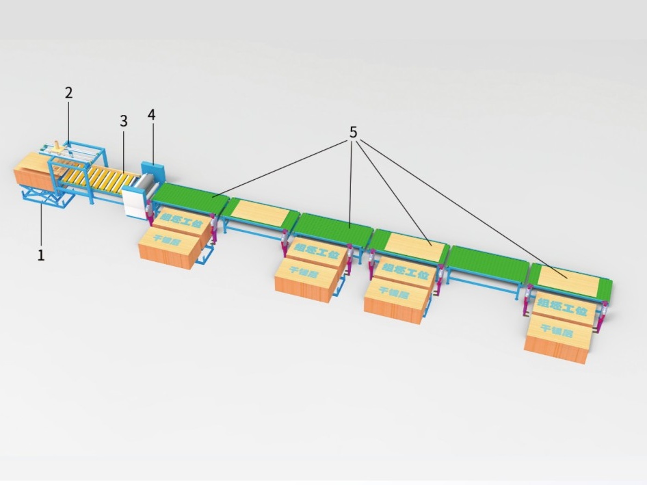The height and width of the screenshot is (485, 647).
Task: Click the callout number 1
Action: (x=41, y=255)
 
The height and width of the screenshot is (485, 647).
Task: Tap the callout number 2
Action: (x=69, y=93)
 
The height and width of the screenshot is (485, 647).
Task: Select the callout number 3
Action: (x=124, y=121)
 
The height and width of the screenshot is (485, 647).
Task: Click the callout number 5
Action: (x=354, y=131)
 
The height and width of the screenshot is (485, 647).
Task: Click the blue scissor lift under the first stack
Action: (x=44, y=197)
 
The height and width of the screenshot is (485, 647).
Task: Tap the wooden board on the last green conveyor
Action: (x=568, y=280)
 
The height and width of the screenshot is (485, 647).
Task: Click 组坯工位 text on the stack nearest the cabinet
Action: (x=181, y=224)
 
